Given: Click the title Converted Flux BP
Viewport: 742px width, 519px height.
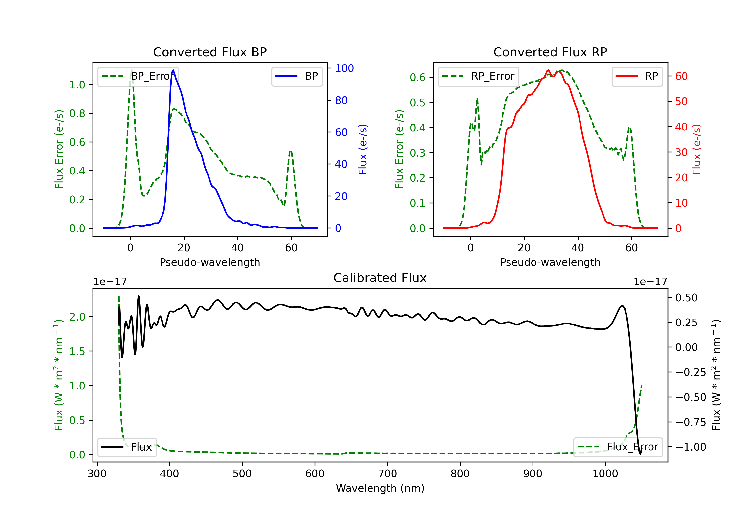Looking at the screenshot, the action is tap(210, 52).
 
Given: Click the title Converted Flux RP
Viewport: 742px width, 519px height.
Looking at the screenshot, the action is tap(550, 52).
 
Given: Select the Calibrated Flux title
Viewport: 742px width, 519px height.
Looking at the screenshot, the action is tap(380, 278).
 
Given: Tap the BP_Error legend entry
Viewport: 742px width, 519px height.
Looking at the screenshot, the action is tap(138, 76).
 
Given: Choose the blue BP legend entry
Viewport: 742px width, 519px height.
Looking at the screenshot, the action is tap(297, 76).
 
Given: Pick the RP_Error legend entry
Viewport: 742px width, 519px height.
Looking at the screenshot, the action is tap(478, 76).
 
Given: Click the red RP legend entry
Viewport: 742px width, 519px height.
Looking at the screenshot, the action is tap(637, 76).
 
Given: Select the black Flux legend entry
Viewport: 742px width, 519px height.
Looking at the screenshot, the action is tap(127, 447).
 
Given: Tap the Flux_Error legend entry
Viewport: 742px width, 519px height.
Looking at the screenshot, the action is tap(618, 447).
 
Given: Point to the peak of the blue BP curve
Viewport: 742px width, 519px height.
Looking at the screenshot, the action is tap(173, 70).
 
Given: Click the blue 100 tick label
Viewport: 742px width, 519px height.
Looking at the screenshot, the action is tap(345, 68).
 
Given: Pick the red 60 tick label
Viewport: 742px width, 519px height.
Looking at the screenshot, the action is tap(681, 76).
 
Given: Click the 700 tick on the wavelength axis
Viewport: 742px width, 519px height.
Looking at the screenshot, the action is tap(388, 474).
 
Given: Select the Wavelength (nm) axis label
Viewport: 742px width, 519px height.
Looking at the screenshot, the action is tap(380, 488).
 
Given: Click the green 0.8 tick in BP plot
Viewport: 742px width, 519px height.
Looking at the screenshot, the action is tap(77, 113).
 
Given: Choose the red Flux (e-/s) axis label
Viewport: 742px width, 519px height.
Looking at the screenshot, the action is tap(696, 150).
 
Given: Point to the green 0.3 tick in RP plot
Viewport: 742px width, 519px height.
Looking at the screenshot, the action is tap(417, 153).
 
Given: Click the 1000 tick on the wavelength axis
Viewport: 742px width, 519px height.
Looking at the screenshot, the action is tap(605, 474).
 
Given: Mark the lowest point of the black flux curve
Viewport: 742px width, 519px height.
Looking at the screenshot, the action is tap(640, 454).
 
